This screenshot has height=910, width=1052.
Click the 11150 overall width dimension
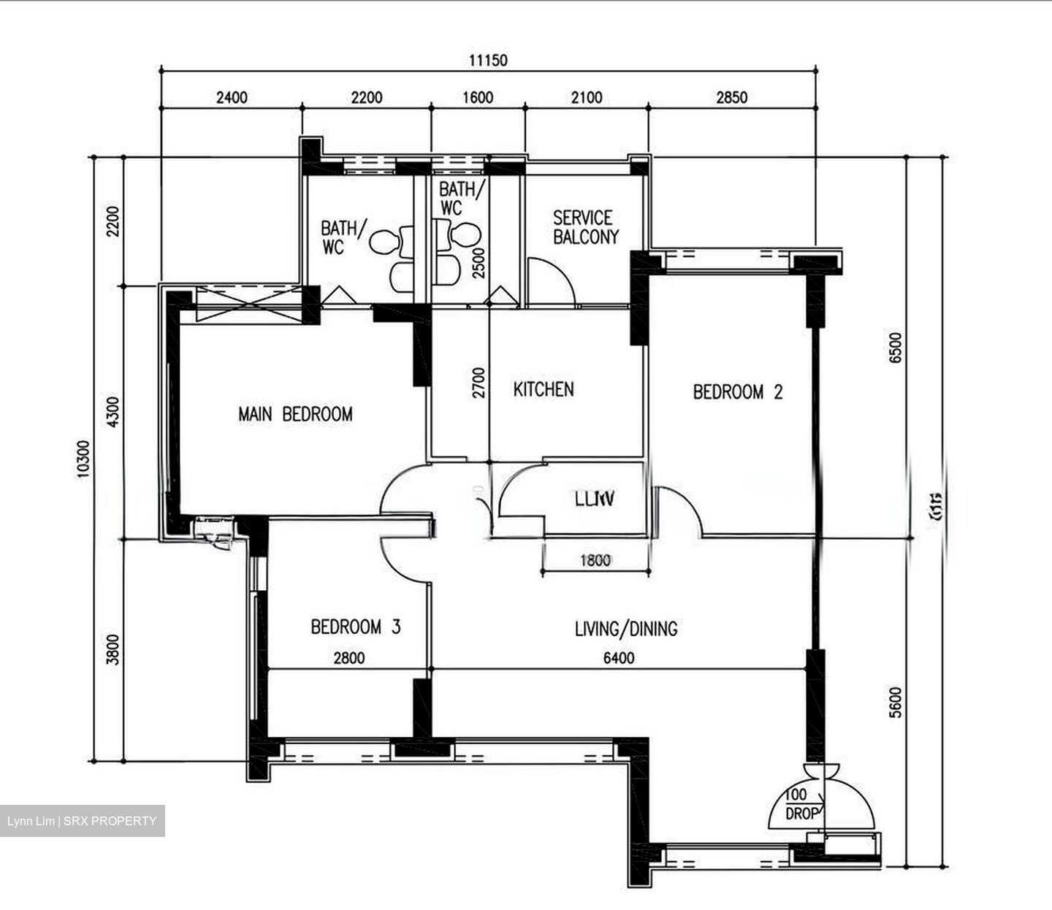(x=487, y=61)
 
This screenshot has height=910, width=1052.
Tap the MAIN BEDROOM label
(x=295, y=414)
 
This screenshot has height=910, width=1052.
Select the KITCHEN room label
(x=544, y=389)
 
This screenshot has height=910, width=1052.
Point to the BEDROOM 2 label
(x=737, y=392)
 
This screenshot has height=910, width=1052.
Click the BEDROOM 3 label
(x=356, y=627)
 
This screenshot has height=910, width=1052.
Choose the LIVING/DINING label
(x=626, y=628)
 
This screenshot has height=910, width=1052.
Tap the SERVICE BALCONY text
(x=585, y=227)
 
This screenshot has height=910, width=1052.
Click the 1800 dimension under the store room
(x=595, y=561)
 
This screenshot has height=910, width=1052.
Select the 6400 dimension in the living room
(x=619, y=658)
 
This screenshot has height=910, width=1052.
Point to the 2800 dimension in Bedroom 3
(x=348, y=658)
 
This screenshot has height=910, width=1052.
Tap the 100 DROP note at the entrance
(x=801, y=804)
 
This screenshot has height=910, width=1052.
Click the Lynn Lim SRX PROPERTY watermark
(x=82, y=821)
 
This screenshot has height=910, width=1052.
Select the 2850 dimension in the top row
(x=732, y=97)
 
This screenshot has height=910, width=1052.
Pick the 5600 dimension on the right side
(x=896, y=702)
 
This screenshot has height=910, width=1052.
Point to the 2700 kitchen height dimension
(x=479, y=383)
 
